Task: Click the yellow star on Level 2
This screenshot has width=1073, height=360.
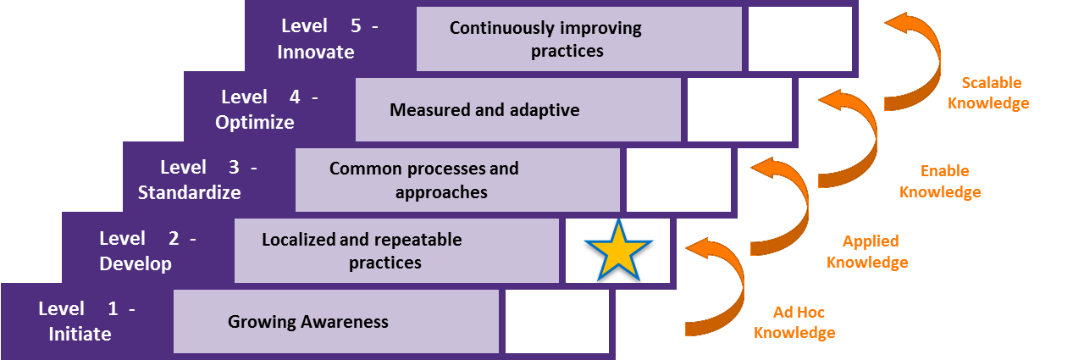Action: pos(619,251)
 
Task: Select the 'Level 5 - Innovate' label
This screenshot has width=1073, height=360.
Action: pos(329,39)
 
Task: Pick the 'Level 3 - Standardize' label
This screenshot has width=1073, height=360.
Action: pos(207,180)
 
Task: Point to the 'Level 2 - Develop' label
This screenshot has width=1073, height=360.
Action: pos(147,251)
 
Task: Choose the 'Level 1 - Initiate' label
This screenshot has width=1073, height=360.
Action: pos(86,321)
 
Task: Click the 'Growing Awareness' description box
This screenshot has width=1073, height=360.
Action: pos(336,321)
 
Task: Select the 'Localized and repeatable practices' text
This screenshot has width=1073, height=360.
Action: pos(385,251)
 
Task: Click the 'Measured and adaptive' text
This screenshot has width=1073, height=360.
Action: pos(484,110)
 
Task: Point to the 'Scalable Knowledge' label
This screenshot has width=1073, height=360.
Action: pos(988,93)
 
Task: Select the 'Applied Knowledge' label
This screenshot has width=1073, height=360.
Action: pos(867,252)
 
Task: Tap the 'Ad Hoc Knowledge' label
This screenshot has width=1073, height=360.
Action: pos(794,322)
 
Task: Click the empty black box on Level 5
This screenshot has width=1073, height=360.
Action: pos(799,39)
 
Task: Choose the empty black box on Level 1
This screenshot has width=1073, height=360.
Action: pos(557,321)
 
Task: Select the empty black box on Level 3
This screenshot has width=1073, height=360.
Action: pos(678,180)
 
